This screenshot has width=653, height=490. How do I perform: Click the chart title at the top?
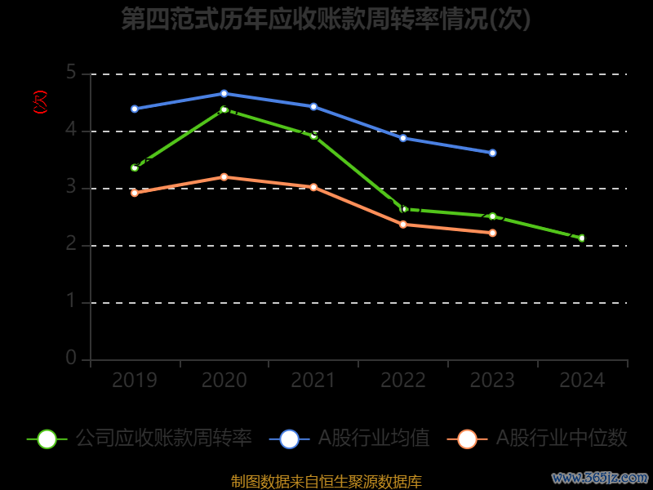326,19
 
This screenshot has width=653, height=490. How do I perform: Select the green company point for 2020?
224,109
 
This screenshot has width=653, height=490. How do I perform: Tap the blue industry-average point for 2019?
135,109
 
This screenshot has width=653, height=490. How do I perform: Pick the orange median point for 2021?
313,187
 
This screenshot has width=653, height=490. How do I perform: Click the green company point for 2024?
582,238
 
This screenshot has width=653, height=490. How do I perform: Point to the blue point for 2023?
492,153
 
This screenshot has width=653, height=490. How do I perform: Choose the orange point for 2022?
403,225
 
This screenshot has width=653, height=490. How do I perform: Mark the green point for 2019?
135,167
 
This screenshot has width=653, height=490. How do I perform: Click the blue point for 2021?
313,107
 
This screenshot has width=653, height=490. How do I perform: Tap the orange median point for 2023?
492,233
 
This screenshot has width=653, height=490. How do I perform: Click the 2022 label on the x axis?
403,381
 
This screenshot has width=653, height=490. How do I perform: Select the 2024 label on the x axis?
582,381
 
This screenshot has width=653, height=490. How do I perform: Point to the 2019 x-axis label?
135,381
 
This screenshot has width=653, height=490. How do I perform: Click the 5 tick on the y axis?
71,73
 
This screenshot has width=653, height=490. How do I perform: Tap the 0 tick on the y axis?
71,359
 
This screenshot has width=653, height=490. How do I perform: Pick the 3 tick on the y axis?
71,188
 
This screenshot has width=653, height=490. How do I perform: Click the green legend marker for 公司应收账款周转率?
47,439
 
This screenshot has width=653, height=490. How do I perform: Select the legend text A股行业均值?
374,439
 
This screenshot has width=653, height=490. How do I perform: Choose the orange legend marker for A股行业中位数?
467,439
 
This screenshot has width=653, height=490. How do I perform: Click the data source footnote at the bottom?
326,482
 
